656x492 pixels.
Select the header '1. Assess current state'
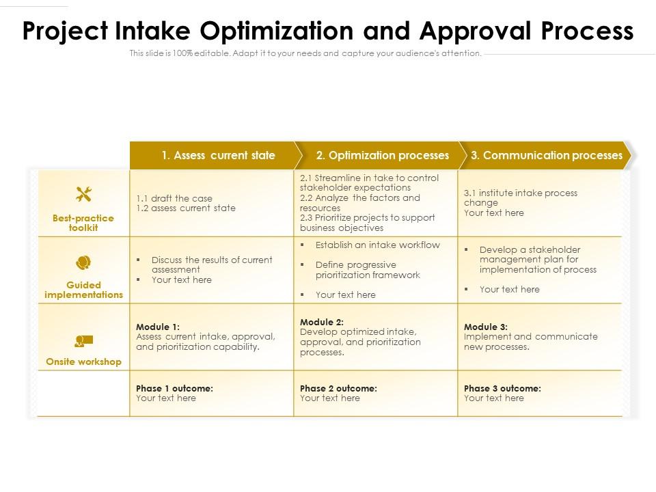[x=218, y=155]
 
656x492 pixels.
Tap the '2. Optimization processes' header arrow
[x=383, y=155]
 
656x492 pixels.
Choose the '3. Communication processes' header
[x=547, y=155]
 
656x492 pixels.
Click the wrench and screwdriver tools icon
[x=83, y=195]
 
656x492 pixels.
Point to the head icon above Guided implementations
[x=83, y=262]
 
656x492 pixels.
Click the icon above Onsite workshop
[x=83, y=340]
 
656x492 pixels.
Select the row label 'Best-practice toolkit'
[x=83, y=223]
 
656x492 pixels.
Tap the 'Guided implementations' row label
[x=83, y=290]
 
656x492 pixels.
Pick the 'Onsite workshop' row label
[x=83, y=362]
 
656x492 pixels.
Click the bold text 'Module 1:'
[x=158, y=327]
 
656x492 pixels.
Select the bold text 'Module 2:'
[x=322, y=322]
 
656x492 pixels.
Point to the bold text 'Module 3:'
[x=486, y=327]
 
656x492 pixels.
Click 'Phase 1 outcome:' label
[x=174, y=388]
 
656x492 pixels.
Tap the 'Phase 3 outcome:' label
[x=502, y=388]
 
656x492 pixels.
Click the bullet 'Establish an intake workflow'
[x=377, y=245]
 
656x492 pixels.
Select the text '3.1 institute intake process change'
[x=521, y=197]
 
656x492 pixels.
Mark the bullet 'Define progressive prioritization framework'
[x=368, y=270]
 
